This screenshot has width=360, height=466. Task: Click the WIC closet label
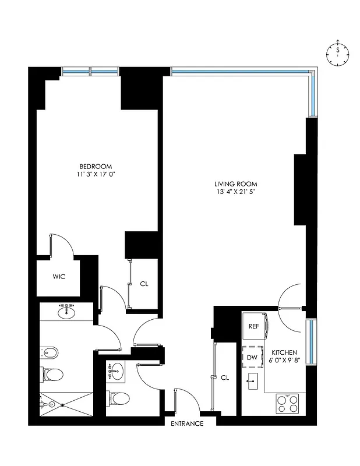(x=58, y=277)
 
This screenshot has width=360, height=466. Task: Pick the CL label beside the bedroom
(x=144, y=284)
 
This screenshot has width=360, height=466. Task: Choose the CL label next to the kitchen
(x=225, y=378)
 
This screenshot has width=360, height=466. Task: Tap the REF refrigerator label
(x=254, y=327)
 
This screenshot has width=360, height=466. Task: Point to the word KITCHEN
(x=285, y=353)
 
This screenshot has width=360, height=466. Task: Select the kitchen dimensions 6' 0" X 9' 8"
(x=285, y=361)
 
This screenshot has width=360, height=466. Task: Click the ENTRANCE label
(x=187, y=423)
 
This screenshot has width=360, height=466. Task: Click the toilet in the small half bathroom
(x=119, y=400)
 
